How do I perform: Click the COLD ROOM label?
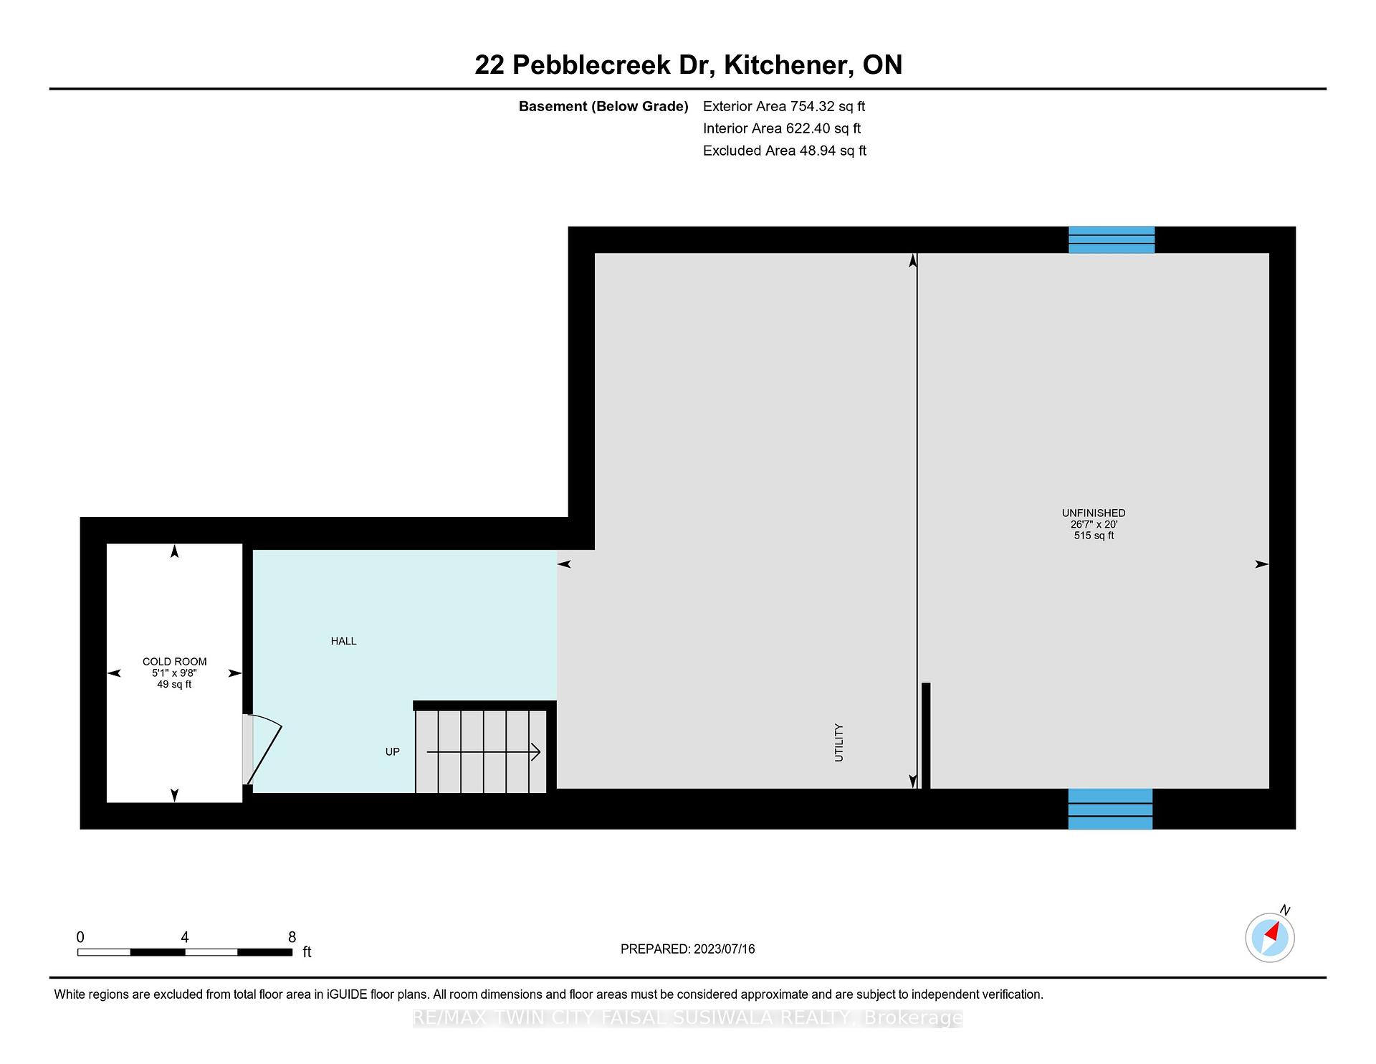click(x=174, y=662)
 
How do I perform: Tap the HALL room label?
click(x=343, y=641)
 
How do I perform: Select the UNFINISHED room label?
click(x=1094, y=513)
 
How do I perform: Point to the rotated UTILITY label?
click(x=838, y=742)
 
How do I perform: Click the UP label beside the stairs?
click(x=392, y=751)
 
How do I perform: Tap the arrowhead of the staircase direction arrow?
click(x=535, y=751)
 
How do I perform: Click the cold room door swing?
click(x=264, y=749)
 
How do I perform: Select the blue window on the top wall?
click(x=1112, y=239)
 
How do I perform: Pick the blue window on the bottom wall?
click(x=1110, y=809)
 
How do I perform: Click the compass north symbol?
click(x=1270, y=937)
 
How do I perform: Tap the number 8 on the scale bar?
click(x=292, y=937)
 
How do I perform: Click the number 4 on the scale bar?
click(x=185, y=937)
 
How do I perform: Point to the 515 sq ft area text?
click(x=1094, y=536)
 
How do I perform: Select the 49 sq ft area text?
click(x=174, y=685)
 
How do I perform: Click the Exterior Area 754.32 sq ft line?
click(x=784, y=106)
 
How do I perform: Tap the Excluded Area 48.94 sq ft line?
click(x=785, y=151)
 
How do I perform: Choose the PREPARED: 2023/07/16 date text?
click(x=687, y=949)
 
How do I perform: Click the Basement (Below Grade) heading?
click(x=603, y=106)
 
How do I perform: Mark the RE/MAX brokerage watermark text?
click(x=688, y=1018)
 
